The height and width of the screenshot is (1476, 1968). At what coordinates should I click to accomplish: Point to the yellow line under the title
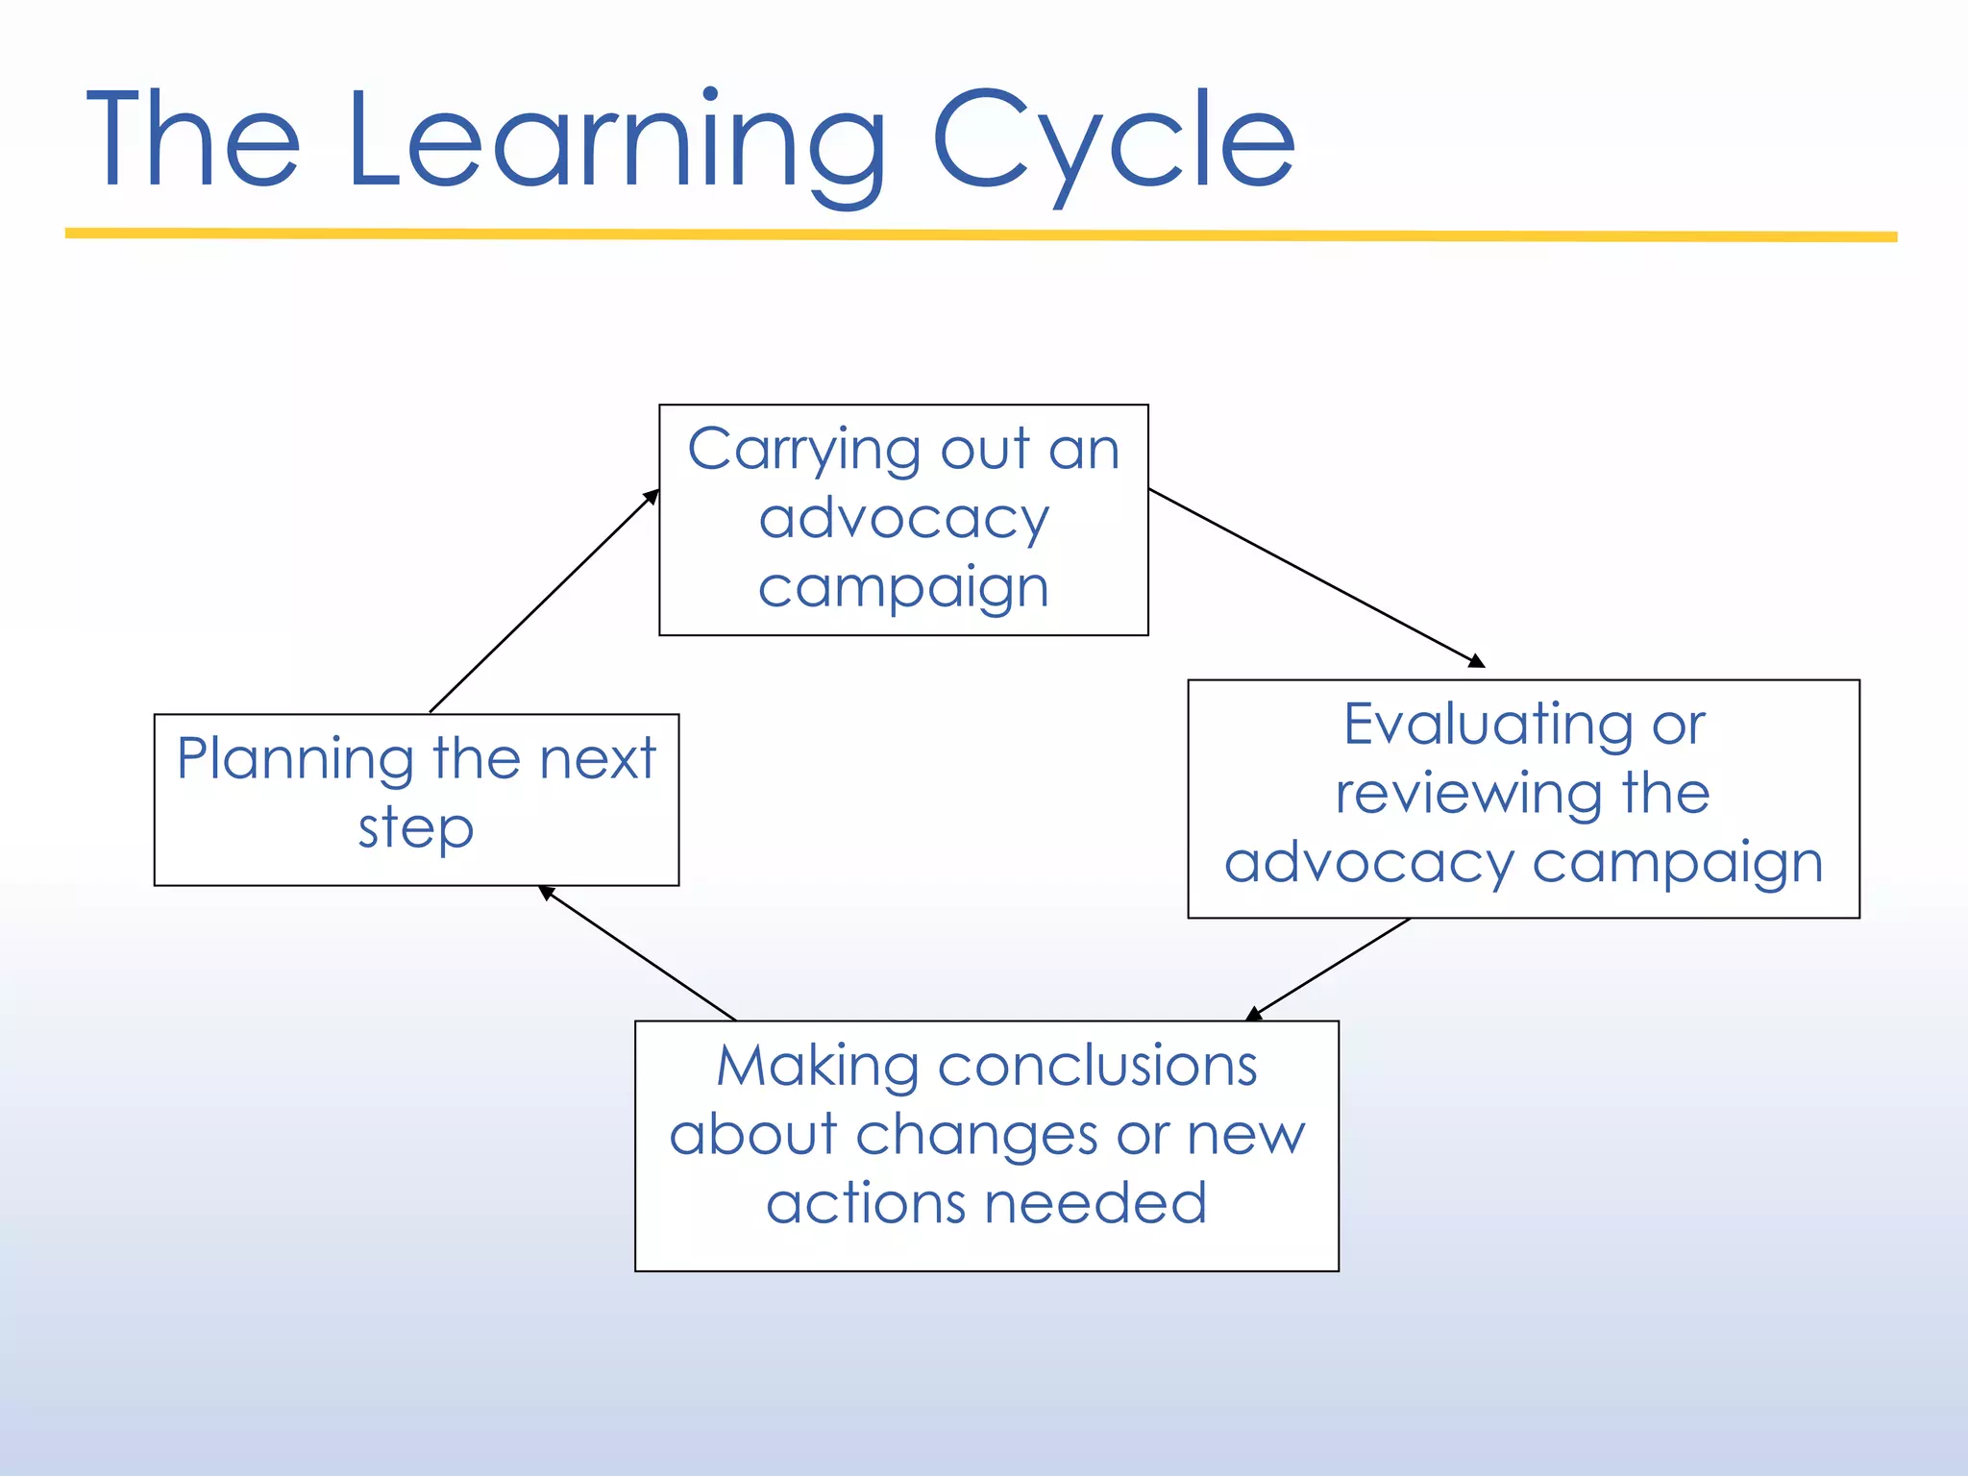980,234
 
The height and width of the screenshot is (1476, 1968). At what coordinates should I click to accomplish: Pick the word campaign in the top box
903,588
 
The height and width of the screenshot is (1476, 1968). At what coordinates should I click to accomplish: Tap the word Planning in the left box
295,759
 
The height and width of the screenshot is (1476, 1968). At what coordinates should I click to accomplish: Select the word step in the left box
416,828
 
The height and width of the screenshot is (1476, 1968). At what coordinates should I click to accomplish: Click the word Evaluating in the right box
1487,725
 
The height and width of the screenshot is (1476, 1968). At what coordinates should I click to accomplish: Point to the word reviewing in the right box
1467,794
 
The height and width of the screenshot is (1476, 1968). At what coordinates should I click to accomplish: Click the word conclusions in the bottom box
1097,1067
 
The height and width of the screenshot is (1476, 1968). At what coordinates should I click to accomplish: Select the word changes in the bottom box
976,1136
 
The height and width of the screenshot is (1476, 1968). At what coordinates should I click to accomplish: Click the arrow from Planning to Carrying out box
544,602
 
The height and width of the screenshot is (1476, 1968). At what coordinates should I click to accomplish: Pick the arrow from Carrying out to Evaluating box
1316,578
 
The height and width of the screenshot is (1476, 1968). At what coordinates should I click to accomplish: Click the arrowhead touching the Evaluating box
1477,661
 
